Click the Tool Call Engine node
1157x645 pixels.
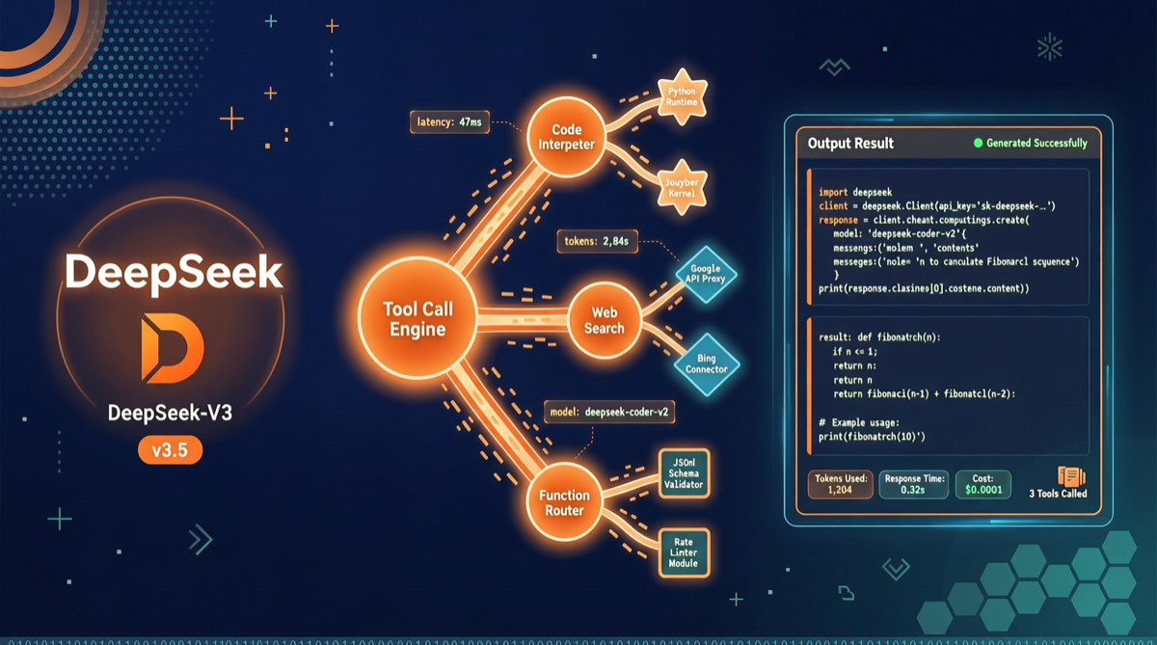417,318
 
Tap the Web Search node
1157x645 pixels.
604,320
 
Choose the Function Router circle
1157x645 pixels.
564,502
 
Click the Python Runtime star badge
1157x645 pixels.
682,95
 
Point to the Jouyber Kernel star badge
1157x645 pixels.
682,183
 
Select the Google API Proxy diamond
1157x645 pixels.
707,275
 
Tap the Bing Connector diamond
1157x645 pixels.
707,364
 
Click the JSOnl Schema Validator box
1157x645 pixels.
684,473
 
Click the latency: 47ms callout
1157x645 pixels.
449,122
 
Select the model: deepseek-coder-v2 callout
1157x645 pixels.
609,413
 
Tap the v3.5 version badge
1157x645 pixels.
170,449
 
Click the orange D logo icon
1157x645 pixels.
172,347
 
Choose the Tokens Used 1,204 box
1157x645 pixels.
840,484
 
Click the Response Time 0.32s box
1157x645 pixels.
913,484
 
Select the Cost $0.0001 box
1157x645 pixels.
982,484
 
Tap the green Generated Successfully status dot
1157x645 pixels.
978,143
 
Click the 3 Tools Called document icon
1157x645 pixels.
1071,476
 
